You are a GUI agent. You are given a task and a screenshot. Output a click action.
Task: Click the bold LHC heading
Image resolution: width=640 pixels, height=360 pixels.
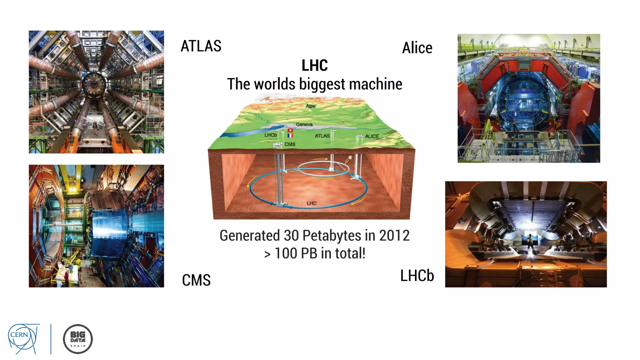[314, 65]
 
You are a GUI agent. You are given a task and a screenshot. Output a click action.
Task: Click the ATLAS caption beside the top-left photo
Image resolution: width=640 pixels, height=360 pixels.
[201, 46]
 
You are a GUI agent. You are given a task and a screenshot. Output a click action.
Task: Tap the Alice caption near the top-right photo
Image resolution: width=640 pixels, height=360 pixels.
[417, 48]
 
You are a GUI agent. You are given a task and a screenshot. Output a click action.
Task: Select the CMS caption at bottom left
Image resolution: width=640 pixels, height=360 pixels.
[196, 280]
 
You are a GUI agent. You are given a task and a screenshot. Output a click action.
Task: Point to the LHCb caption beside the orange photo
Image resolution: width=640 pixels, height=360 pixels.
[417, 276]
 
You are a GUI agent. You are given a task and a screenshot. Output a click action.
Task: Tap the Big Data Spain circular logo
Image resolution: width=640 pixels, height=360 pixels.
[78, 339]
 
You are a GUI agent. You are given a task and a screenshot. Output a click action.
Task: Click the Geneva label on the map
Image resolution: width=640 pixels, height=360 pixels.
[304, 124]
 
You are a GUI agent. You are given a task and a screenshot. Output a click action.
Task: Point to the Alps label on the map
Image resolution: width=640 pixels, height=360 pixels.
[310, 106]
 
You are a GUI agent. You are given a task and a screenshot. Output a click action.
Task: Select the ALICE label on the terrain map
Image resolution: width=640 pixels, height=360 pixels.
[372, 136]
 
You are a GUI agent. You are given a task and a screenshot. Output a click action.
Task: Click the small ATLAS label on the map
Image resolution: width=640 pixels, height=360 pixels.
[322, 136]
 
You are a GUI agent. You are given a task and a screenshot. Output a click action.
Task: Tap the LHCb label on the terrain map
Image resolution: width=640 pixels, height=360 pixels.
[271, 135]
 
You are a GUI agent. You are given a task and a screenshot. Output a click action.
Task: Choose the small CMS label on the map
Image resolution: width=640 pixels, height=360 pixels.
[290, 144]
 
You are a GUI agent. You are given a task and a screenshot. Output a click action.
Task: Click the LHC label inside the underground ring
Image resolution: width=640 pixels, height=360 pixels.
[312, 203]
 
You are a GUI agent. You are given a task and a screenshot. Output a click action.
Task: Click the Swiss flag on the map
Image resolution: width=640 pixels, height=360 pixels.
[290, 130]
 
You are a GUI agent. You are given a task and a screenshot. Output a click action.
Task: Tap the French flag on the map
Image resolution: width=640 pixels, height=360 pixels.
[290, 136]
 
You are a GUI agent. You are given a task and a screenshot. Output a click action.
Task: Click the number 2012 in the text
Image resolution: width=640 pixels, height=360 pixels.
[394, 235]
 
